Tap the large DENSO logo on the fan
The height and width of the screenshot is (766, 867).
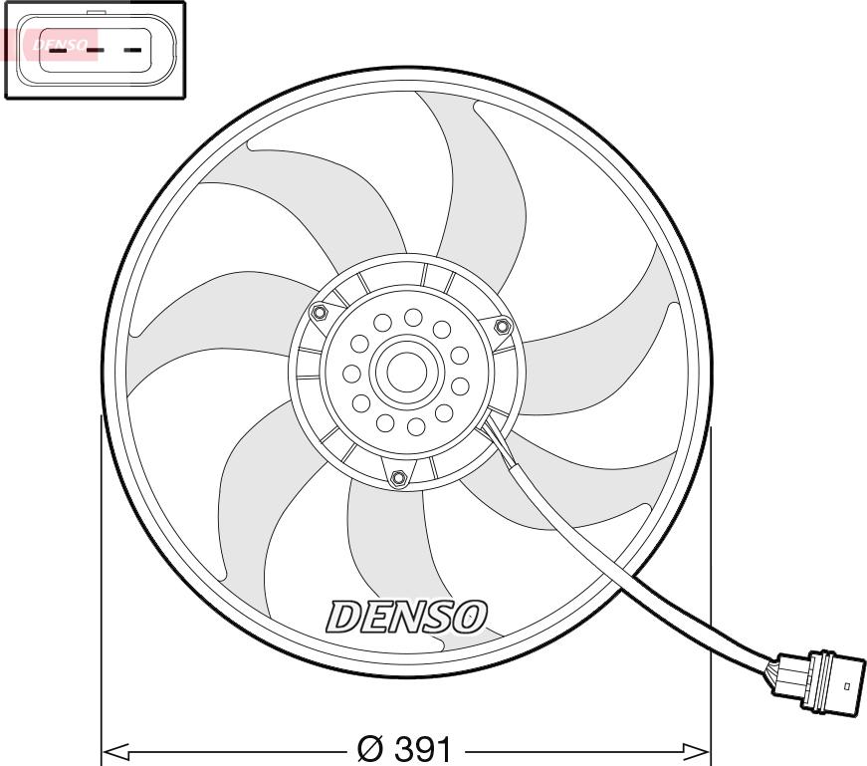(x=407, y=617)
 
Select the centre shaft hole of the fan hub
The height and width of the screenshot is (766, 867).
(x=406, y=371)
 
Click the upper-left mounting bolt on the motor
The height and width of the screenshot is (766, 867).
(x=319, y=313)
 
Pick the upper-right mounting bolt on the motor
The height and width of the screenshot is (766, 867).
(x=502, y=326)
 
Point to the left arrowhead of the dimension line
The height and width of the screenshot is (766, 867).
(x=116, y=751)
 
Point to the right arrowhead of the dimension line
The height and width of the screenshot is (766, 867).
(x=696, y=751)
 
